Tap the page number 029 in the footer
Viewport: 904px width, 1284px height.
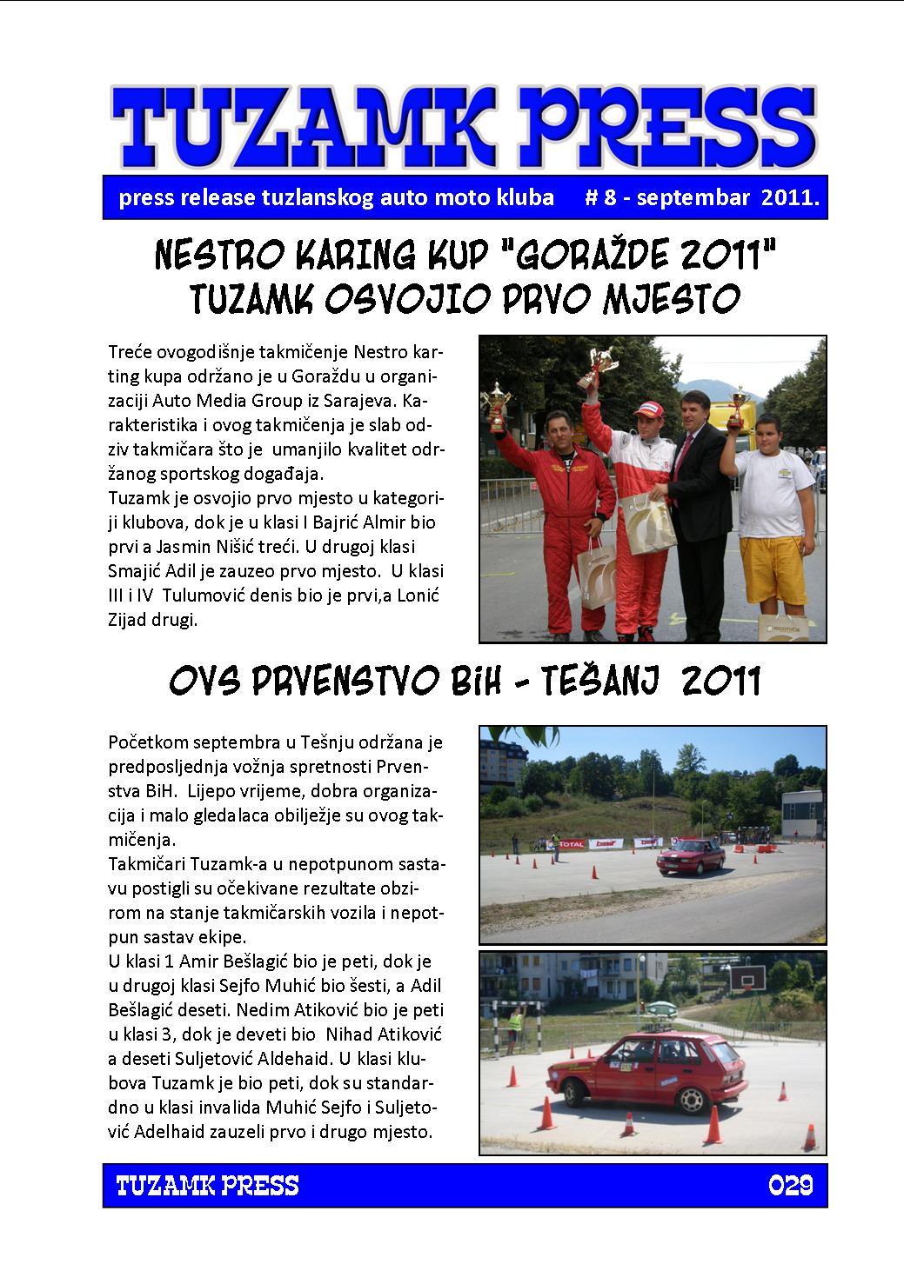(790, 1185)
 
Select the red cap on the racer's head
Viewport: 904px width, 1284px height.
(647, 408)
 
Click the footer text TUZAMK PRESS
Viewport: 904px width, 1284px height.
(207, 1185)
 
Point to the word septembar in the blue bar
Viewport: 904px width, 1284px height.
(693, 197)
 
